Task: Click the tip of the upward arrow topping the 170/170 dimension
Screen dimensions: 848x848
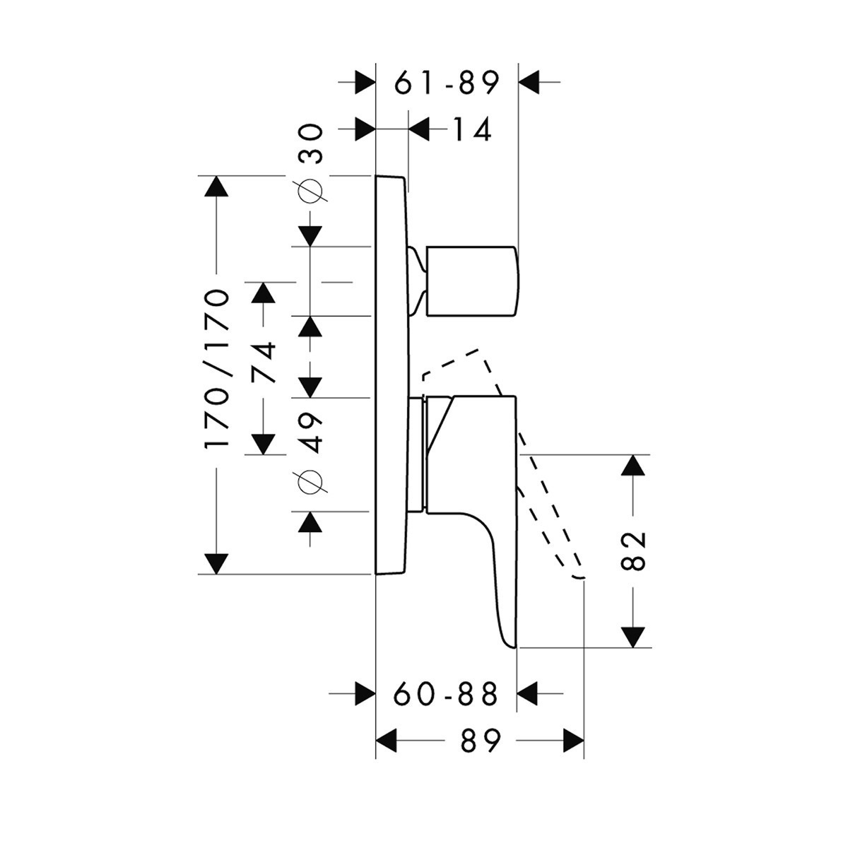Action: pyautogui.click(x=216, y=176)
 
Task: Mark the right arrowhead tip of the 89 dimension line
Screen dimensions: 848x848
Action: pyautogui.click(x=584, y=741)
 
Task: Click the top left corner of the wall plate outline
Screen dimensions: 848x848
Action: pyautogui.click(x=375, y=176)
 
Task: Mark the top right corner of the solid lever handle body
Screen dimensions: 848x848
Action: pyautogui.click(x=516, y=396)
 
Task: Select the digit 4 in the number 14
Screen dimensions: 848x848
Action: pyautogui.click(x=480, y=130)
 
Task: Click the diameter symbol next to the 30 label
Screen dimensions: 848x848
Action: pyautogui.click(x=310, y=191)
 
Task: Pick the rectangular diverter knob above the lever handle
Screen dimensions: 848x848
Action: pyautogui.click(x=473, y=281)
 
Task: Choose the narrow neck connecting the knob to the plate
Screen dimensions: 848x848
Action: pyautogui.click(x=418, y=281)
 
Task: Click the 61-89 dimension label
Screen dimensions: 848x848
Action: pyautogui.click(x=447, y=82)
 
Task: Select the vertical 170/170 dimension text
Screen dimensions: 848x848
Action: pyautogui.click(x=216, y=369)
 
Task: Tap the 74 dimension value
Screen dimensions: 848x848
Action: pyautogui.click(x=263, y=363)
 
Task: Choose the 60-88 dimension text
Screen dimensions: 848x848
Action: pyautogui.click(x=446, y=694)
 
